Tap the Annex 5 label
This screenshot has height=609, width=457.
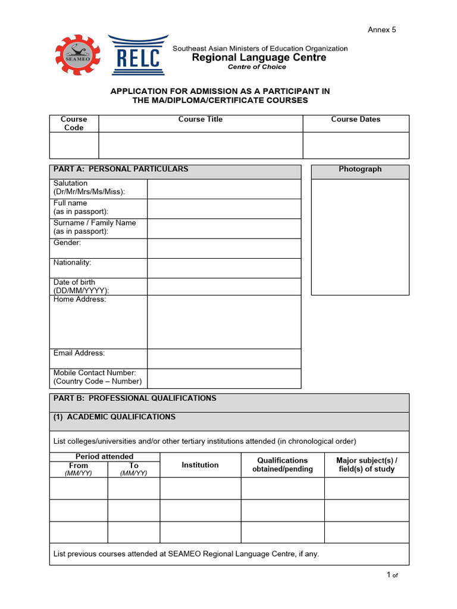(x=381, y=30)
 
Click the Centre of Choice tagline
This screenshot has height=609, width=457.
(x=257, y=67)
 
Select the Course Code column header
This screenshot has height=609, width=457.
(x=74, y=124)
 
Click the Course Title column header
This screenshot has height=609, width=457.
(x=201, y=120)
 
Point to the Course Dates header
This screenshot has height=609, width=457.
(x=356, y=120)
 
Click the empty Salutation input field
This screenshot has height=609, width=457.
(x=224, y=189)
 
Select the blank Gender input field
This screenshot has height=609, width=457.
(x=224, y=249)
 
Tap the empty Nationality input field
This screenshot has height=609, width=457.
(x=224, y=268)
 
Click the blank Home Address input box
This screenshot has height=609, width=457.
(x=224, y=322)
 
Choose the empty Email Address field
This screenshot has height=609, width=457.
(x=224, y=359)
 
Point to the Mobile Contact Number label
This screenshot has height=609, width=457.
(x=97, y=377)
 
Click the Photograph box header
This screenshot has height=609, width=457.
(x=360, y=169)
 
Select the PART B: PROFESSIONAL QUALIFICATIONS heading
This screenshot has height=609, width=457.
(x=135, y=398)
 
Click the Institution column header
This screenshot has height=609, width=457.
(x=200, y=465)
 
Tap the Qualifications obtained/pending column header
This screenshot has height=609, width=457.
(x=282, y=465)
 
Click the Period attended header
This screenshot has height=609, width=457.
(x=104, y=457)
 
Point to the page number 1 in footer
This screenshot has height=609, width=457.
(x=389, y=575)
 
